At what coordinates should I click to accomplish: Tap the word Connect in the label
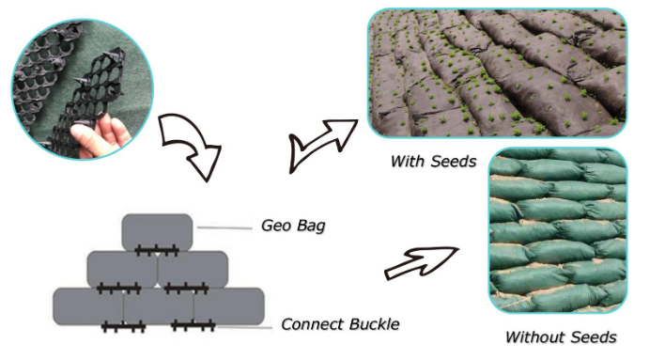pyautogui.click(x=312, y=325)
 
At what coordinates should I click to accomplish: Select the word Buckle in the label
pyautogui.click(x=373, y=325)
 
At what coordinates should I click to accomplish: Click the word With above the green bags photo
pyautogui.click(x=410, y=162)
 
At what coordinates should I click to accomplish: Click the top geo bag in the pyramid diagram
pyautogui.click(x=157, y=231)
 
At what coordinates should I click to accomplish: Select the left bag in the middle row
pyautogui.click(x=122, y=268)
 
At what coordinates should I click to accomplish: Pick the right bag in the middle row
pyautogui.click(x=193, y=268)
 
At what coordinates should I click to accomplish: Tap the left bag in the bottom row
pyautogui.click(x=87, y=306)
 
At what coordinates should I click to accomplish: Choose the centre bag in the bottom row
pyautogui.click(x=158, y=306)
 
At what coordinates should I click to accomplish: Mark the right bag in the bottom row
pyautogui.click(x=228, y=306)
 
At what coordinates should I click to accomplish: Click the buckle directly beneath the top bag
pyautogui.click(x=157, y=250)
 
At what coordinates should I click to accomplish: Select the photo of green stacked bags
pyautogui.click(x=557, y=229)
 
